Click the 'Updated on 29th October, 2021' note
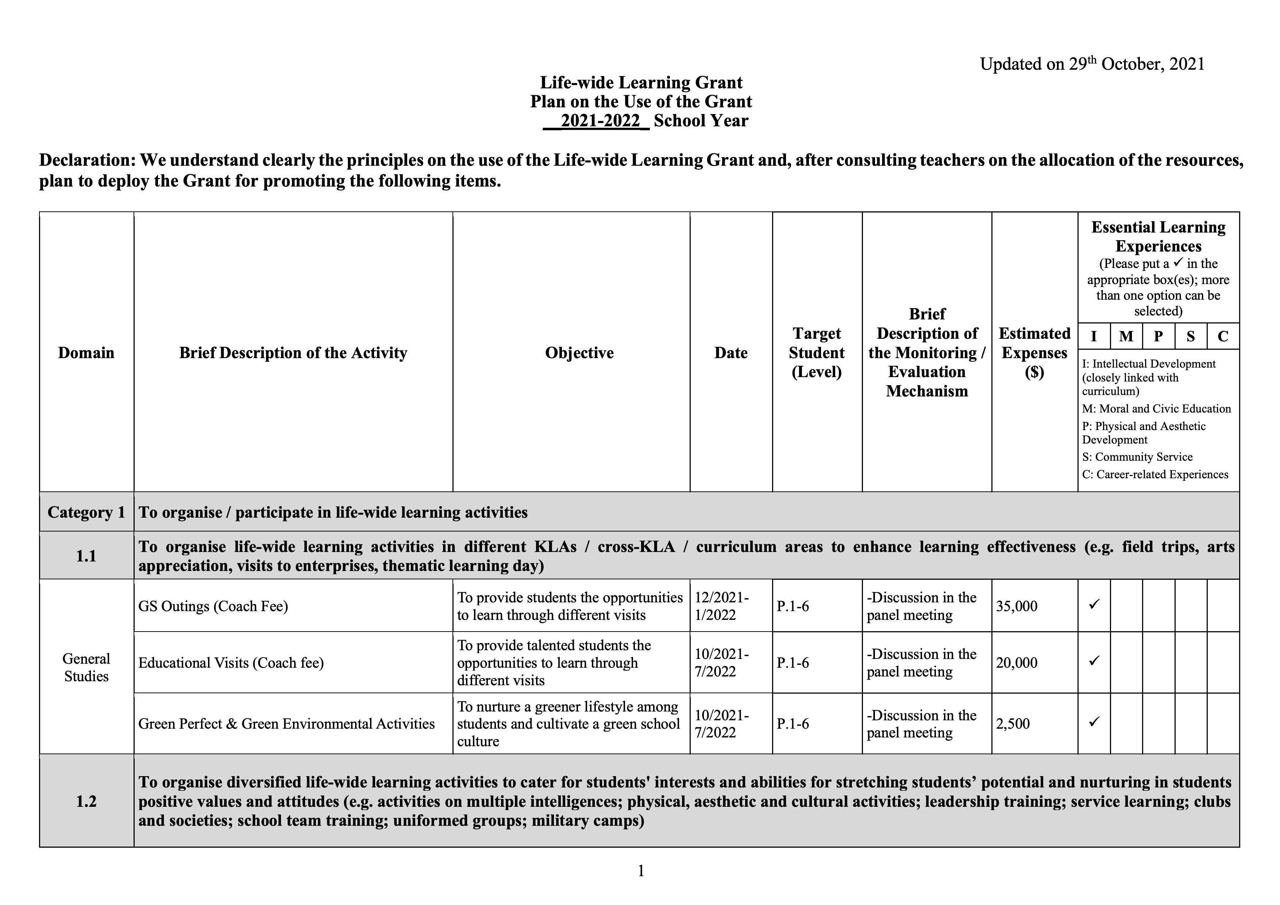[x=1092, y=64]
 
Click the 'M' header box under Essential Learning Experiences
[x=1126, y=336]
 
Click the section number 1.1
[x=86, y=556]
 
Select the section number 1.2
[x=86, y=801]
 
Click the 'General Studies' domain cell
[x=86, y=667]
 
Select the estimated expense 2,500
[x=1013, y=724]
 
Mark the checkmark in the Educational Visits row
[x=1094, y=661]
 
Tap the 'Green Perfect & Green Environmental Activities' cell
[x=286, y=724]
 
